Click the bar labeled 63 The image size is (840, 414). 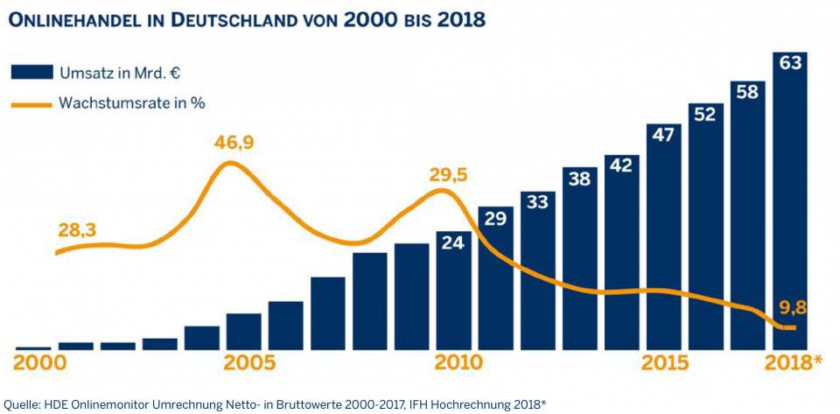(789, 201)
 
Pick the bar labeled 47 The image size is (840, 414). (663, 236)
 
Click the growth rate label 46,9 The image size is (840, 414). (234, 144)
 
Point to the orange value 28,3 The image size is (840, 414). (76, 230)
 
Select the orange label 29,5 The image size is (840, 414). (448, 175)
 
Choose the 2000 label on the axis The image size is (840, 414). (39, 362)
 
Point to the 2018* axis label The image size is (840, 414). (792, 362)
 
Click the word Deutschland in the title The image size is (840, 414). (228, 19)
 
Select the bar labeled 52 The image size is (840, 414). (705, 227)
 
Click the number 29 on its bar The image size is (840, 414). (495, 219)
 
